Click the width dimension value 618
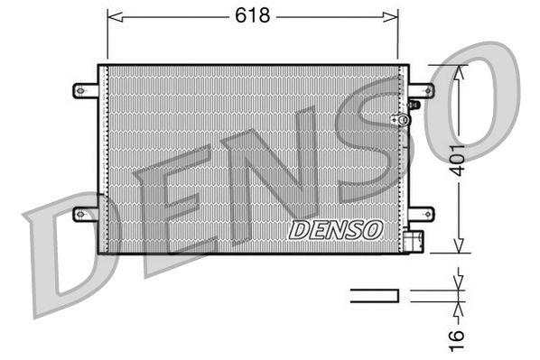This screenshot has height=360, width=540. pos(254,14)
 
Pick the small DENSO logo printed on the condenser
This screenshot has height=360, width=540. pos(335,229)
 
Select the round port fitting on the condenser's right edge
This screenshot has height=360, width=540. pos(394,120)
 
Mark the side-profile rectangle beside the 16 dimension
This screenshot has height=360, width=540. pos(374,293)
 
